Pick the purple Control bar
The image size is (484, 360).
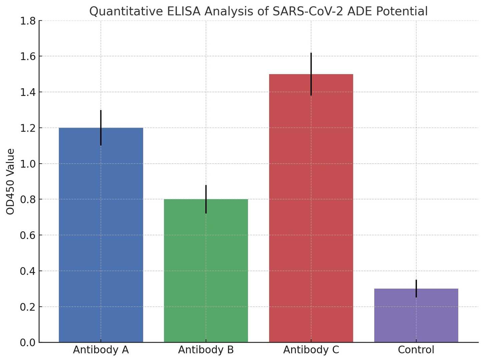[416, 317]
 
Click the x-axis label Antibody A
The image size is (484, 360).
[101, 350]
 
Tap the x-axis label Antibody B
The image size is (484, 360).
[206, 350]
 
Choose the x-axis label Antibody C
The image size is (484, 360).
[311, 350]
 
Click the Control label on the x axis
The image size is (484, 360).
[416, 350]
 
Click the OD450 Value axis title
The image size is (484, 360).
[10, 182]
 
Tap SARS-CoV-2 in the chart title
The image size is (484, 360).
[309, 11]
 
